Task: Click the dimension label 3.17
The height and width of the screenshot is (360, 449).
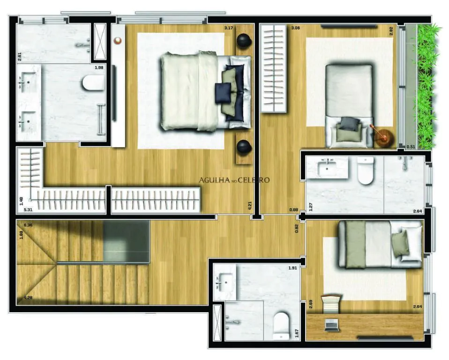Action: click(229, 28)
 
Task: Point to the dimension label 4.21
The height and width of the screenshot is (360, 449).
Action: click(250, 205)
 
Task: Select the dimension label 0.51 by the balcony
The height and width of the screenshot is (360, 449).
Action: click(411, 146)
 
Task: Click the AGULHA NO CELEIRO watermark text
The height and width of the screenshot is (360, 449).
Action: click(234, 180)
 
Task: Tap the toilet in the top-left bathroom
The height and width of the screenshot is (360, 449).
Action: click(93, 82)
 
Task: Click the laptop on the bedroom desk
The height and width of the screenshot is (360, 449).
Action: click(332, 325)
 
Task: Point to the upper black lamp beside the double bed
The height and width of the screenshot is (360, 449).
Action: click(244, 41)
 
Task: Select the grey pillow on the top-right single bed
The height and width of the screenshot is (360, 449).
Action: click(349, 124)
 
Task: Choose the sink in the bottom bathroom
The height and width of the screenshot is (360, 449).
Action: click(224, 283)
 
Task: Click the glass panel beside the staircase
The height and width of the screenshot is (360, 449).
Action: click(126, 242)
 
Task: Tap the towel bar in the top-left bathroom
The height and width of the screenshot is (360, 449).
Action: click(100, 119)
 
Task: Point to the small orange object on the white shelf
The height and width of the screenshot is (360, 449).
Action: click(118, 40)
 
